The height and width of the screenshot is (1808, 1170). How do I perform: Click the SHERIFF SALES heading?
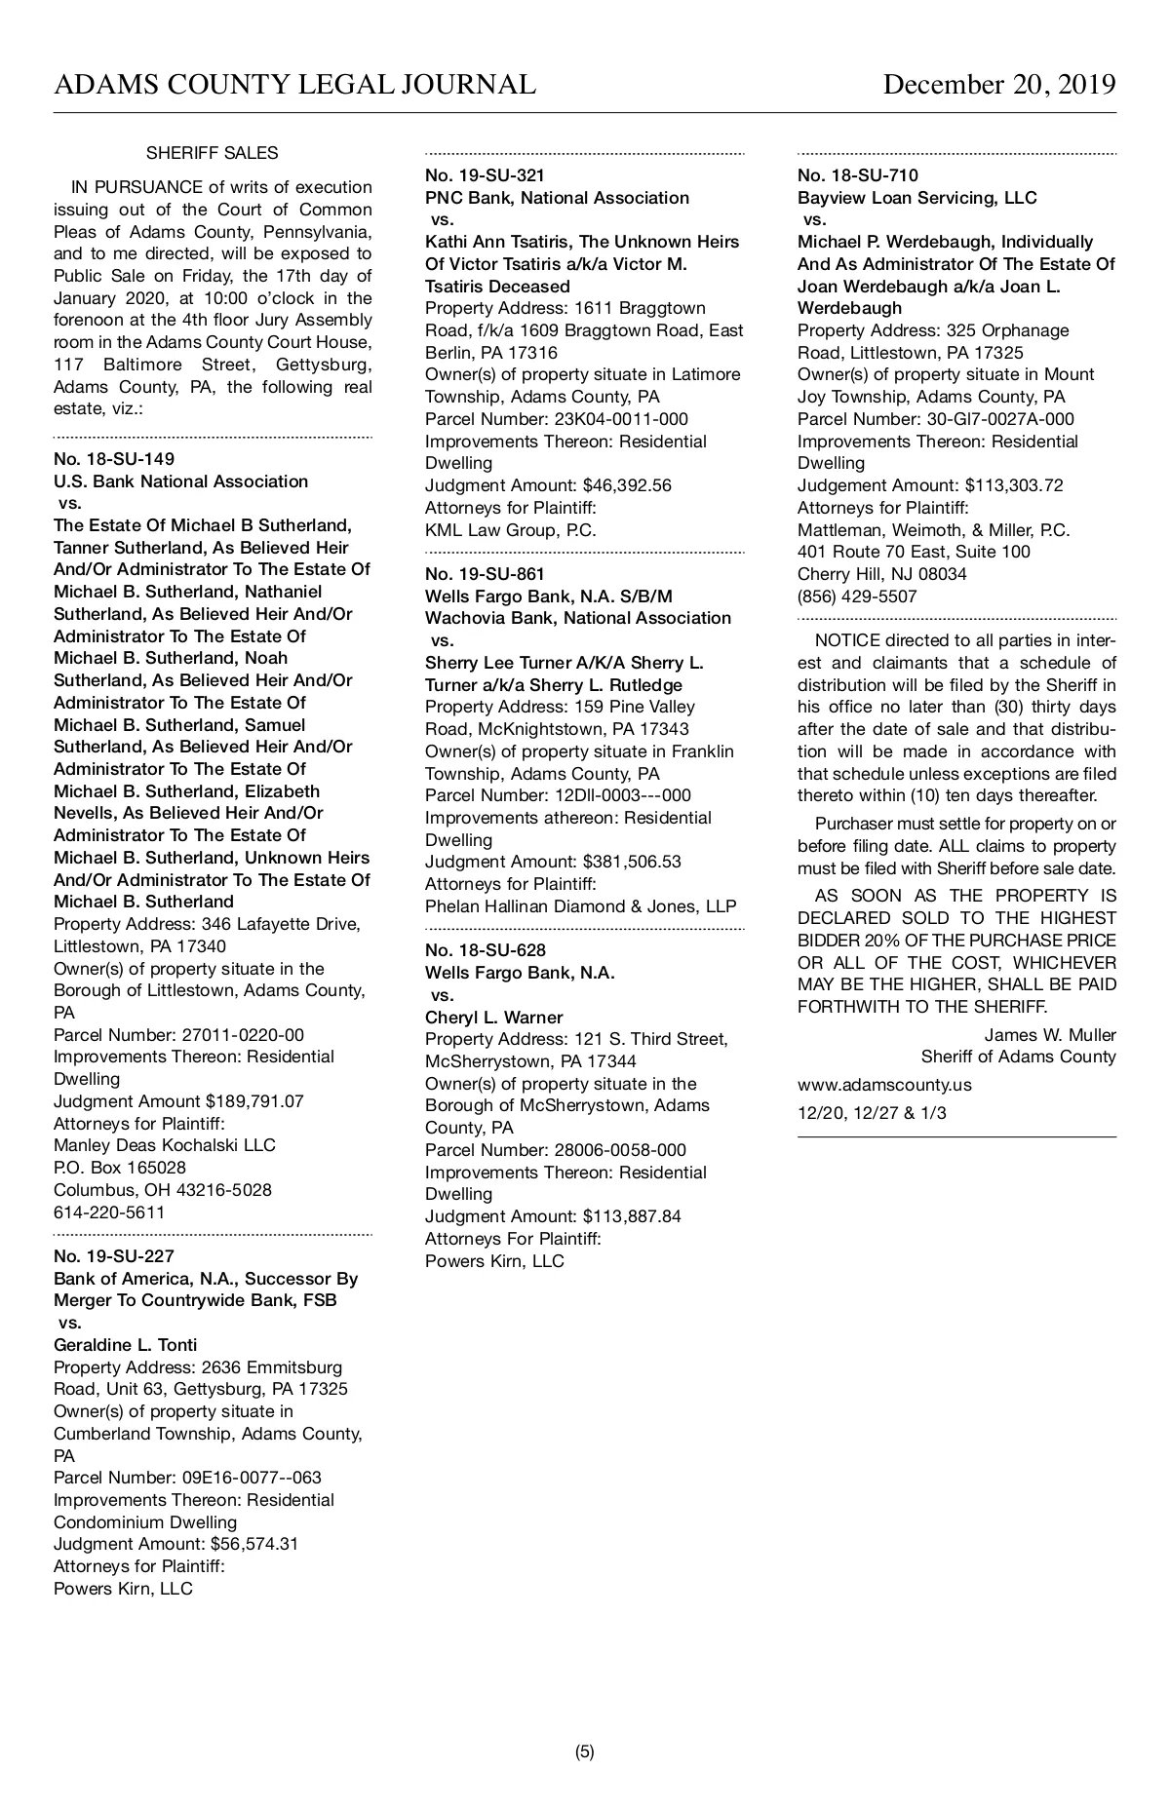coord(212,153)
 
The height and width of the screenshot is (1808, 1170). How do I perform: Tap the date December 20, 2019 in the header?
coord(998,86)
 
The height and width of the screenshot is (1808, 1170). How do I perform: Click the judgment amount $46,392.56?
coord(627,485)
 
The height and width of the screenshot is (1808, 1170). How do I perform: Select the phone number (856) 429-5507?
coord(857,596)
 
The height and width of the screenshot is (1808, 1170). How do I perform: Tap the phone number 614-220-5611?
coord(109,1212)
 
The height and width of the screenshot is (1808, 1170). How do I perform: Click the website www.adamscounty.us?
coord(884,1085)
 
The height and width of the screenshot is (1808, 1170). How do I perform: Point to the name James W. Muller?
coord(1049,1035)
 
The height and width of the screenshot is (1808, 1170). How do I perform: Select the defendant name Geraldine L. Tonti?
coord(125,1345)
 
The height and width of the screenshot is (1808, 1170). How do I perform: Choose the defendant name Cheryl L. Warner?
coord(493,1018)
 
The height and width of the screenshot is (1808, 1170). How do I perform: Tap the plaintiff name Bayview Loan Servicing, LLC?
coord(916,198)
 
